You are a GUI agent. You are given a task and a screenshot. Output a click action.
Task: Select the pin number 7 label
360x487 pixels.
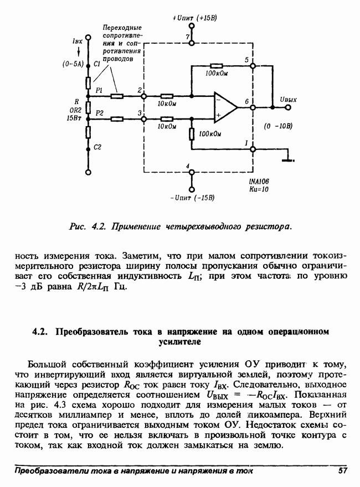coord(187,37)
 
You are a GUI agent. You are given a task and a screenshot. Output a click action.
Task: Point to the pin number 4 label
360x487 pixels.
coord(188,166)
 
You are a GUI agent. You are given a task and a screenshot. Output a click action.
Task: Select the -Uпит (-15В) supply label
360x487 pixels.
coord(192,197)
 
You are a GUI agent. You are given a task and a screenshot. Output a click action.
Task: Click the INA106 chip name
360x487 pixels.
coord(259,181)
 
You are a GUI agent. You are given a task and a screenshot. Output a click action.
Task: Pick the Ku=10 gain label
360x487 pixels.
coord(259,189)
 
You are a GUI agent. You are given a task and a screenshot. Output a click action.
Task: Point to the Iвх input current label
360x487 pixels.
coord(78,41)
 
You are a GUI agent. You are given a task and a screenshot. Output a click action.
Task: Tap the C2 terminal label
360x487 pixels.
coord(97,147)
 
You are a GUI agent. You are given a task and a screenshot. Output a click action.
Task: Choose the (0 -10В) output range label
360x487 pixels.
coord(279,126)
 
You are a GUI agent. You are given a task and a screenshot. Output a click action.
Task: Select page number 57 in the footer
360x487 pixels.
coord(342,471)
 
